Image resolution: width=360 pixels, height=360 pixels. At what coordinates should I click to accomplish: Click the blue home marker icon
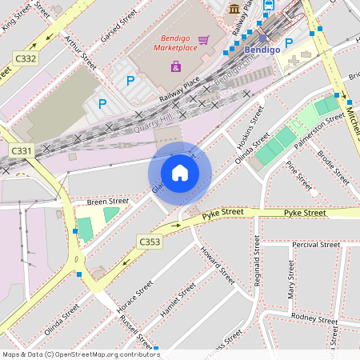[180, 173]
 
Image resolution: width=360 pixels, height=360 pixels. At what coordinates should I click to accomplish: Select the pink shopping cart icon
[204, 39]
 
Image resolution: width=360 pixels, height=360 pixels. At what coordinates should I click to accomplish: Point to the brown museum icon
[234, 8]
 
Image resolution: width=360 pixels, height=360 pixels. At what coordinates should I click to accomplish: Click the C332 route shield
[26, 58]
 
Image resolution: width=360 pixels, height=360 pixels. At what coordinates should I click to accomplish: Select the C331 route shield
[22, 150]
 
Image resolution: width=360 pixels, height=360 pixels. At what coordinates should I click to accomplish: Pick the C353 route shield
[149, 241]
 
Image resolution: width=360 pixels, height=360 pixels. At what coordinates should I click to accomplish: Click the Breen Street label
[107, 202]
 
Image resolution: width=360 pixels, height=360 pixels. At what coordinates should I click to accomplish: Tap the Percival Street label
[316, 244]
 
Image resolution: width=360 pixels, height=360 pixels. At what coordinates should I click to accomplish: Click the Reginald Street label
[257, 272]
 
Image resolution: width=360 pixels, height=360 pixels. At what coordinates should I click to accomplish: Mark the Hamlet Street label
[178, 301]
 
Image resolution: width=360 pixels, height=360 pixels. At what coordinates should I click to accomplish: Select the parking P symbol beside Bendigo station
[289, 42]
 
